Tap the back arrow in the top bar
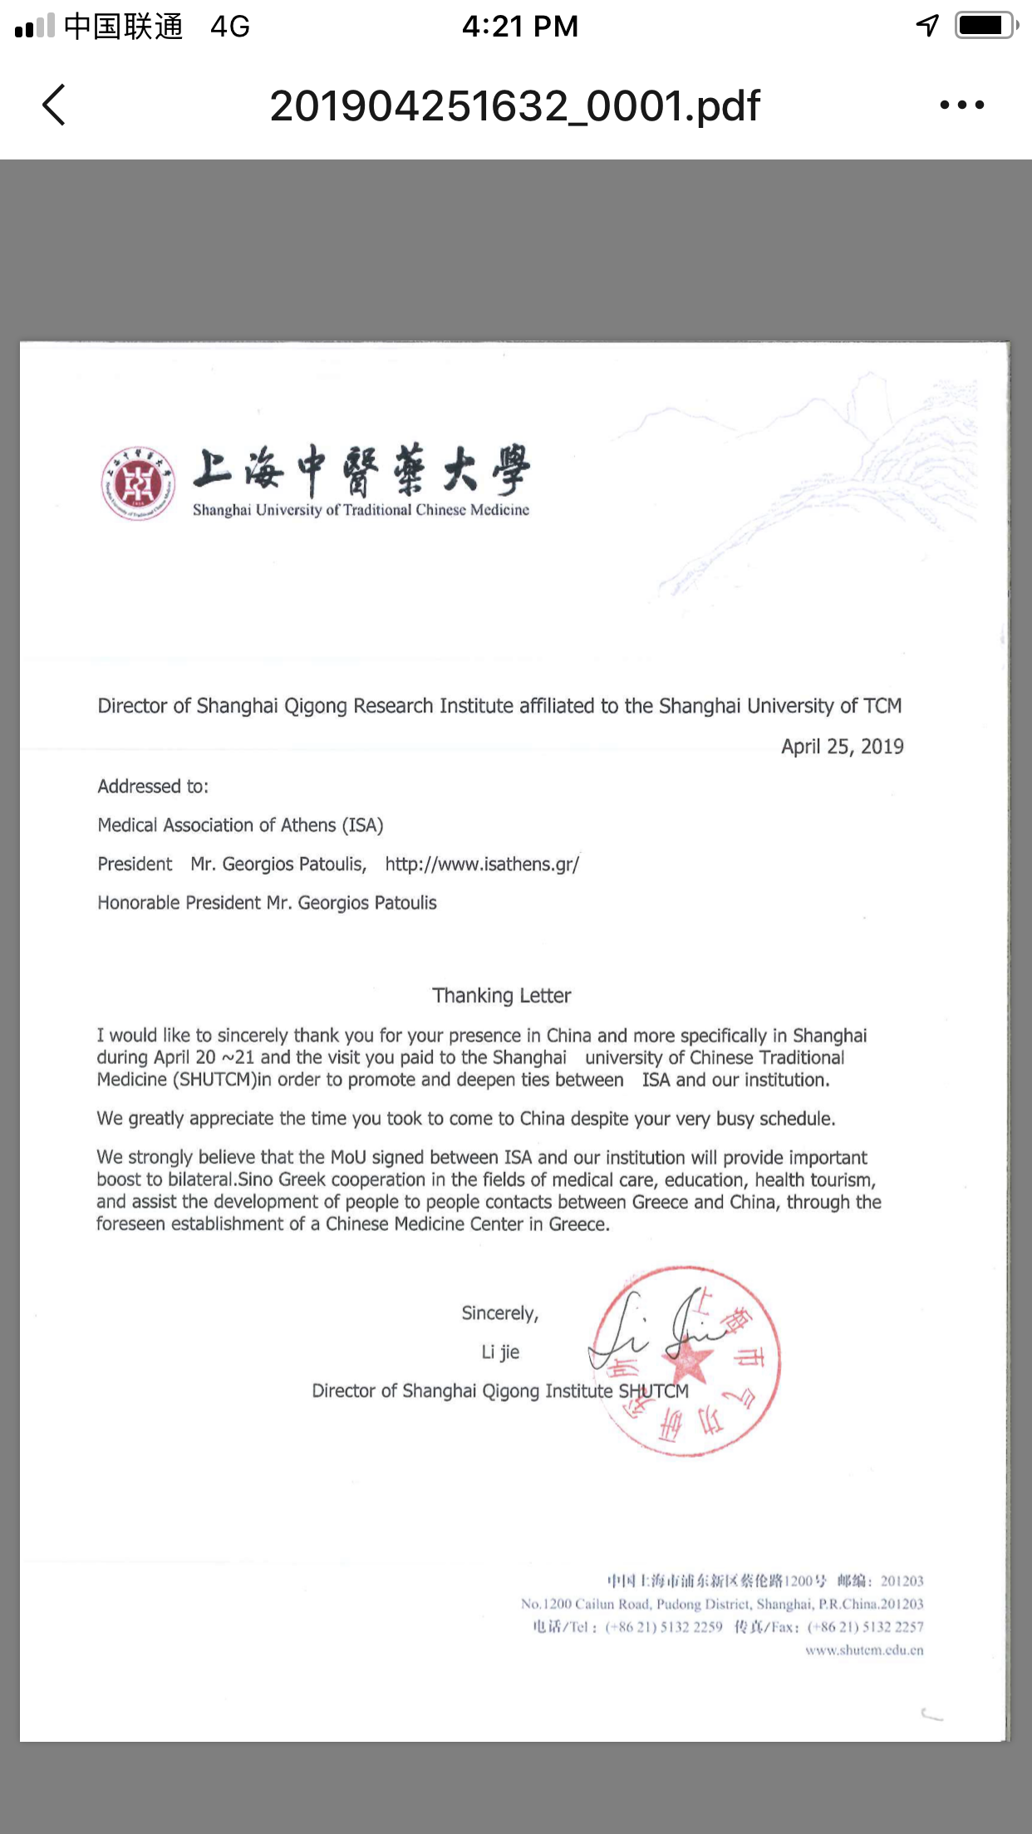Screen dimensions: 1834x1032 tap(54, 105)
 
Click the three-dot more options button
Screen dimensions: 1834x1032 tap(962, 105)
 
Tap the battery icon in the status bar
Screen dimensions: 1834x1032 tap(985, 26)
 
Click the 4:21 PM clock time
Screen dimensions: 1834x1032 tap(520, 27)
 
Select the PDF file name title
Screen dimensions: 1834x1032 tap(514, 106)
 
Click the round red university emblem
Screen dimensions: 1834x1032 tap(138, 483)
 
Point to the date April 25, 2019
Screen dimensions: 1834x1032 tap(842, 747)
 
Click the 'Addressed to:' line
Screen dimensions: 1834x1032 tap(153, 786)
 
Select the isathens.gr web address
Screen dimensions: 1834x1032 tap(482, 864)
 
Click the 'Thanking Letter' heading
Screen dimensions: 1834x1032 tap(501, 995)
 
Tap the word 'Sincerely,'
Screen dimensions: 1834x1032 tap(500, 1313)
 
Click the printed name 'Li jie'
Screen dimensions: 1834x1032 tap(500, 1352)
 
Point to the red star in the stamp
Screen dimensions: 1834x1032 tap(689, 1359)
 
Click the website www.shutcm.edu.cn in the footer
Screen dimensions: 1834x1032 tap(864, 1650)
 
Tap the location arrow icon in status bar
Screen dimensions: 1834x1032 tap(927, 26)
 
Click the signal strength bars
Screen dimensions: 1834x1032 tap(35, 27)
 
